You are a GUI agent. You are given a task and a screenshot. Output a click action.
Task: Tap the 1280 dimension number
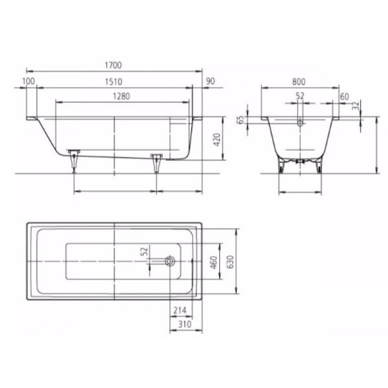click(x=122, y=96)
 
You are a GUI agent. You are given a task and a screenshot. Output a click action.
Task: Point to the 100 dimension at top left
click(x=29, y=81)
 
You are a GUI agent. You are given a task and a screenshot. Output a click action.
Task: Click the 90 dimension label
click(x=210, y=81)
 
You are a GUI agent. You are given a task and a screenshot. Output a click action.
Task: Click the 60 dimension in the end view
click(x=344, y=97)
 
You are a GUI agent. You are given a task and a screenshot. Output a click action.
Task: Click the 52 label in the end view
click(x=300, y=96)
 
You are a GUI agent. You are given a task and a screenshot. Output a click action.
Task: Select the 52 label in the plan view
click(x=143, y=252)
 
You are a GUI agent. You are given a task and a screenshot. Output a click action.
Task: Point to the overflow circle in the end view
click(x=300, y=123)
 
